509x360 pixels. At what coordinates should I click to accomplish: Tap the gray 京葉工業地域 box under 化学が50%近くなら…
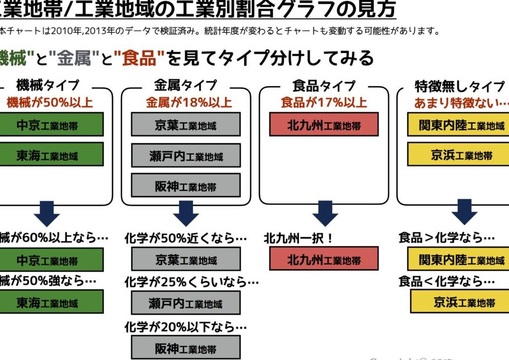coord(186,259)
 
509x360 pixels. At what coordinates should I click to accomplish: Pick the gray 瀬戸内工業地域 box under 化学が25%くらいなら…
coord(186,303)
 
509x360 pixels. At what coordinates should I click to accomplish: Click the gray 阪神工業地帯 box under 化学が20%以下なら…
coord(186,348)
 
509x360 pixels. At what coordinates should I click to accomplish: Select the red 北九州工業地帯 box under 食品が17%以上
coord(324,125)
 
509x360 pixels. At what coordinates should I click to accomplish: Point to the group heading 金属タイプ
coord(186,86)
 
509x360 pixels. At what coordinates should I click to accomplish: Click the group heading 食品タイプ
coord(324,86)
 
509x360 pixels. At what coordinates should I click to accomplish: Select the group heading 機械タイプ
coord(48,86)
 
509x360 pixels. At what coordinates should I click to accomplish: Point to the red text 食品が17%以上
coord(324,102)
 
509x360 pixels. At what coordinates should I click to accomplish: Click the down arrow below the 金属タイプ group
coord(186,213)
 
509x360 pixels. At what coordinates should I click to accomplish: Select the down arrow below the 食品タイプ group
coord(324,213)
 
